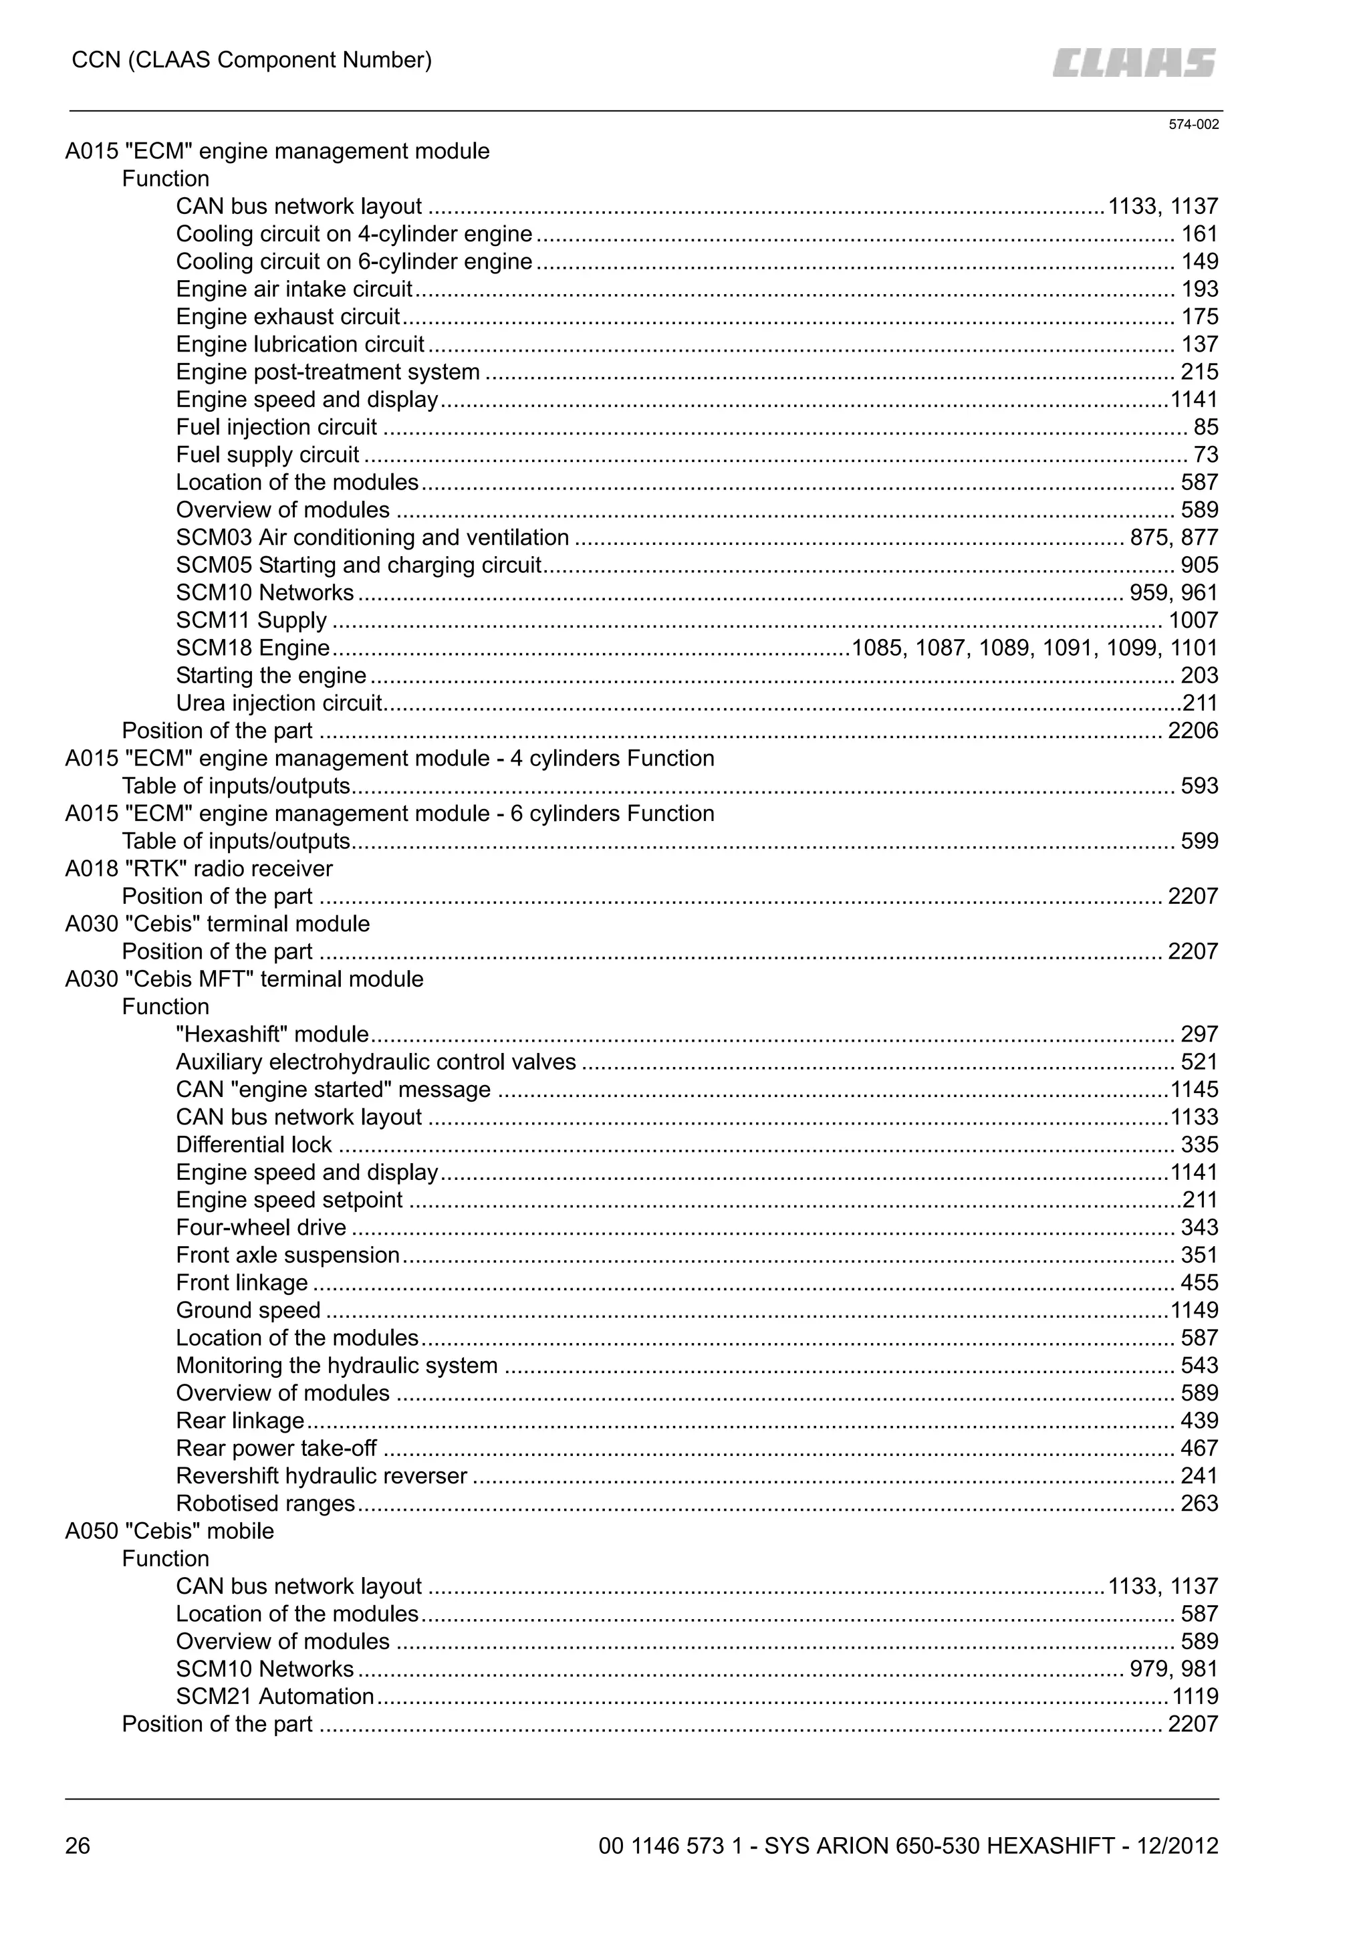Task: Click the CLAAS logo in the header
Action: click(1133, 62)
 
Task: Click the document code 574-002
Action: click(1193, 125)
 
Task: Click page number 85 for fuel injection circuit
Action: click(1205, 427)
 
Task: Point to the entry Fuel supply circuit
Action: click(267, 455)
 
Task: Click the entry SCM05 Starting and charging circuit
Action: click(358, 565)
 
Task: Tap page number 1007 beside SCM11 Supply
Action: click(1192, 620)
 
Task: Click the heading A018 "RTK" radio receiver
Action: click(199, 868)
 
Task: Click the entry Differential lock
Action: click(254, 1144)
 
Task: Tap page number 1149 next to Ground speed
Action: click(1194, 1310)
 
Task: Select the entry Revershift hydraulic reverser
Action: click(321, 1475)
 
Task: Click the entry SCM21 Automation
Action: click(275, 1696)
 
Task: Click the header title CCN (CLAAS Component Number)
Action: click(251, 60)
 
